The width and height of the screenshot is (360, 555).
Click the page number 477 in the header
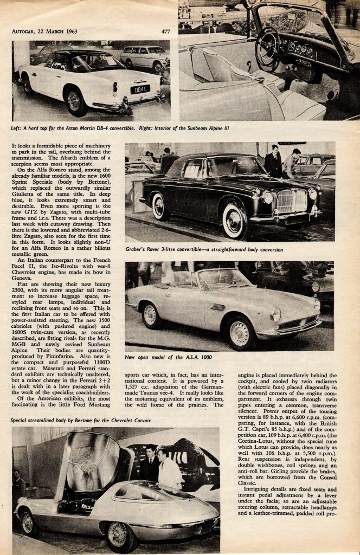(165, 31)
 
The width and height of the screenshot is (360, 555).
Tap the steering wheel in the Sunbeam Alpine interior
(267, 49)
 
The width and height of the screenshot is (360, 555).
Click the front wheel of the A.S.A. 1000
(239, 332)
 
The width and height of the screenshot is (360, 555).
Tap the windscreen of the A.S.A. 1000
(216, 280)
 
